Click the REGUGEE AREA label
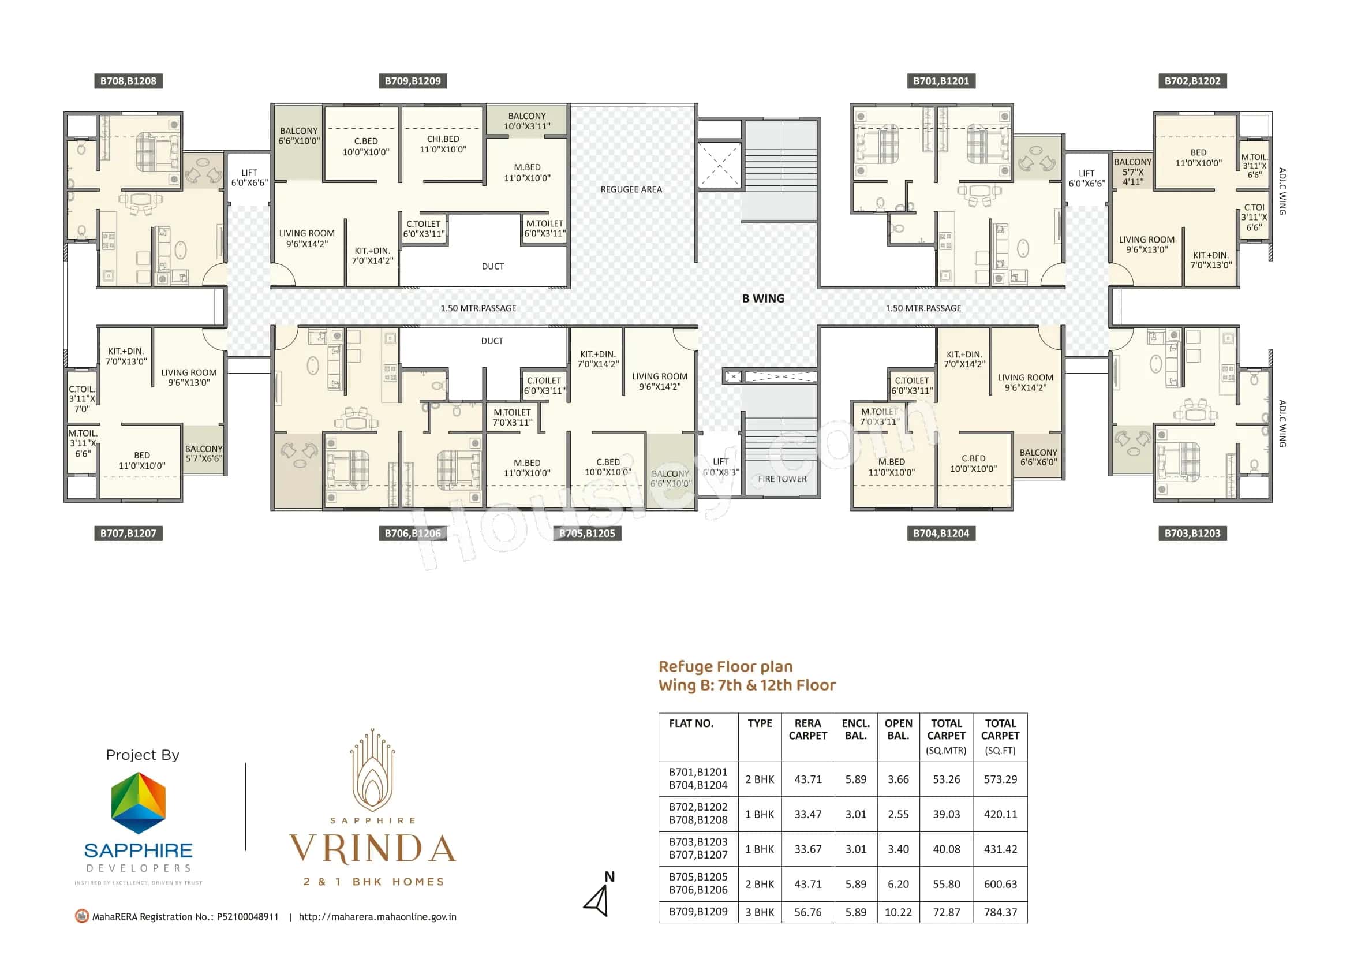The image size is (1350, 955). click(x=631, y=189)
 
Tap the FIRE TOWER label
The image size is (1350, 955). click(x=782, y=479)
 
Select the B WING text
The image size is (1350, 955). click(x=762, y=298)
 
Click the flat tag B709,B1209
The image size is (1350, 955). click(x=412, y=81)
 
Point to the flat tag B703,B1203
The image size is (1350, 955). click(x=1192, y=534)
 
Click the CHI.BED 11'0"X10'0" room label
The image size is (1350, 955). click(x=443, y=144)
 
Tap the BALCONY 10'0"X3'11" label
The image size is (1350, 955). click(x=527, y=121)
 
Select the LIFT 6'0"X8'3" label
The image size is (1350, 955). click(x=721, y=467)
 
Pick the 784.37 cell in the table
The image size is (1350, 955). click(x=1000, y=912)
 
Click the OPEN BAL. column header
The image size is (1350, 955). click(x=898, y=729)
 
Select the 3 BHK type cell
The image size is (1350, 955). click(x=760, y=912)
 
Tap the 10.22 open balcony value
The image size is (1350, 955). click(x=898, y=912)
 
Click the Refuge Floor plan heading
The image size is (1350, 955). click(x=726, y=666)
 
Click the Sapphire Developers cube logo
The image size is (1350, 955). click(x=139, y=803)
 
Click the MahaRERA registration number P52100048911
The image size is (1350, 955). click(x=248, y=917)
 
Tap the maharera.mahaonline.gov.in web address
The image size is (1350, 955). click(x=377, y=917)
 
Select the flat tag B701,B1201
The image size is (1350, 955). click(x=941, y=81)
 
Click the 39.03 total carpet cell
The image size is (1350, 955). click(x=946, y=814)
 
